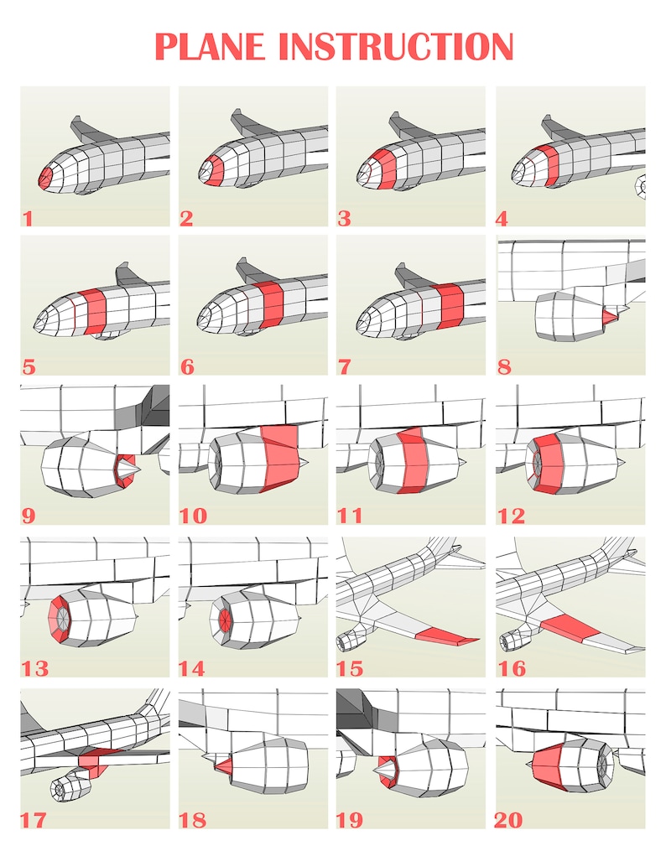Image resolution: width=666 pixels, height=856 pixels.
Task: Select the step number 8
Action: point(506,366)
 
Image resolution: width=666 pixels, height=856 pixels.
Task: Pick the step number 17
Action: point(34,819)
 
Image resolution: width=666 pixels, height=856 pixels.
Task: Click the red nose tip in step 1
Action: point(44,177)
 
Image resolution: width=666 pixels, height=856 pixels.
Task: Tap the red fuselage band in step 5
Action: point(94,308)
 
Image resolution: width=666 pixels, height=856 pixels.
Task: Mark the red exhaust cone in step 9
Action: point(125,470)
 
